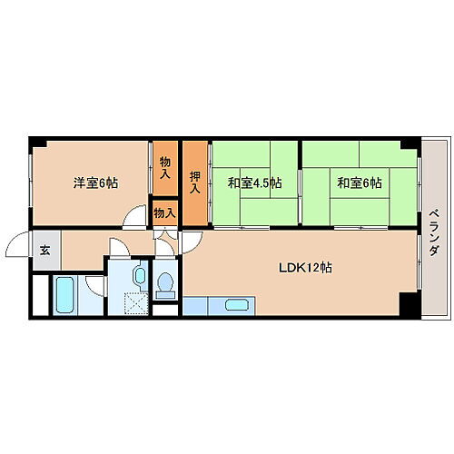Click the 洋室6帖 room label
(x=94, y=183)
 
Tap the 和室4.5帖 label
(x=254, y=183)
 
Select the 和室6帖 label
(x=360, y=183)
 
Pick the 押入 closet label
(x=194, y=181)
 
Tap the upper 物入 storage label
(x=164, y=167)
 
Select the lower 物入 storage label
(x=163, y=212)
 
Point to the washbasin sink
(x=139, y=275)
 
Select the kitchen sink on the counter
(x=234, y=306)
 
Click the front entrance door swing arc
(x=18, y=246)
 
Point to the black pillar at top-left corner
(x=34, y=143)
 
